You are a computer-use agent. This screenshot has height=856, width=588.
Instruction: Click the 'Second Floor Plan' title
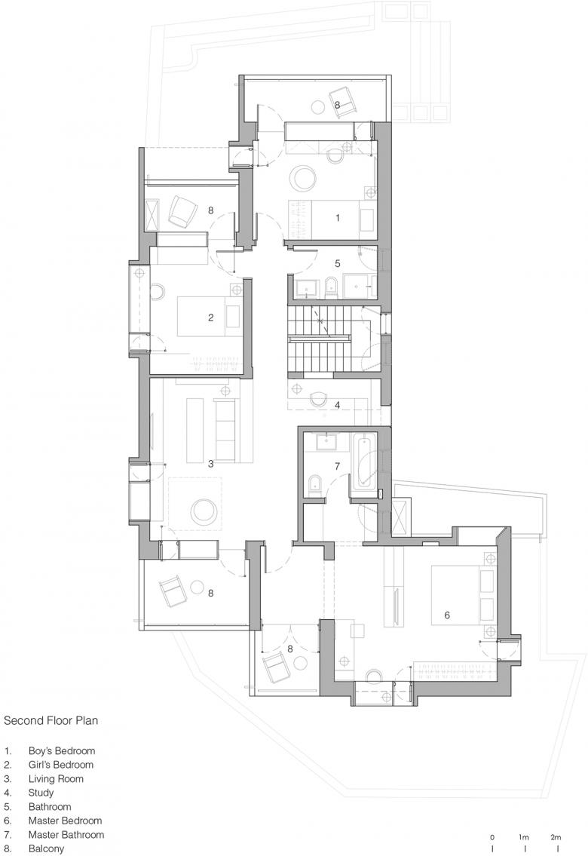click(51, 720)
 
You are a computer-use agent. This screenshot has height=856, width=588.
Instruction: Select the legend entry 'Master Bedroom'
click(65, 821)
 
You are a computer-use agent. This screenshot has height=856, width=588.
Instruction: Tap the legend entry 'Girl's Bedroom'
click(60, 765)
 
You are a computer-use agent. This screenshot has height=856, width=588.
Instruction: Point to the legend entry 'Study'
click(41, 793)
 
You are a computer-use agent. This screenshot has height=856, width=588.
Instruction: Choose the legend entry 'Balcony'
click(47, 848)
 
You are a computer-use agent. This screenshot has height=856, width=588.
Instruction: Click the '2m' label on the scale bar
click(556, 837)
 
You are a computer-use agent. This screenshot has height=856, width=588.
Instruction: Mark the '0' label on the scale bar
click(492, 837)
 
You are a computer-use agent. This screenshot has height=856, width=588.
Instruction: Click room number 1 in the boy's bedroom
click(338, 218)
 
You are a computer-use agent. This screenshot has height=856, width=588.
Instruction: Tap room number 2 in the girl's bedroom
click(211, 318)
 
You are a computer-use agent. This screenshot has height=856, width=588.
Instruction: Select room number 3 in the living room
click(210, 465)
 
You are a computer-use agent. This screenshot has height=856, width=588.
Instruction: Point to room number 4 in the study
click(338, 405)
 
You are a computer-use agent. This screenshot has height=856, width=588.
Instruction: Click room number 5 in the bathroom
click(338, 264)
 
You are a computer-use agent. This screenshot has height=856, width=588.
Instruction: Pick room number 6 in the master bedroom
click(447, 615)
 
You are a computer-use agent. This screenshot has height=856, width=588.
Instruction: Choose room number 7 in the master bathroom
click(338, 466)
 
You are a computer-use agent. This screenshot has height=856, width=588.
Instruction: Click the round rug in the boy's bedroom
click(302, 178)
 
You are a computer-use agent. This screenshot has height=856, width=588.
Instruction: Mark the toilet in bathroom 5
click(329, 287)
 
